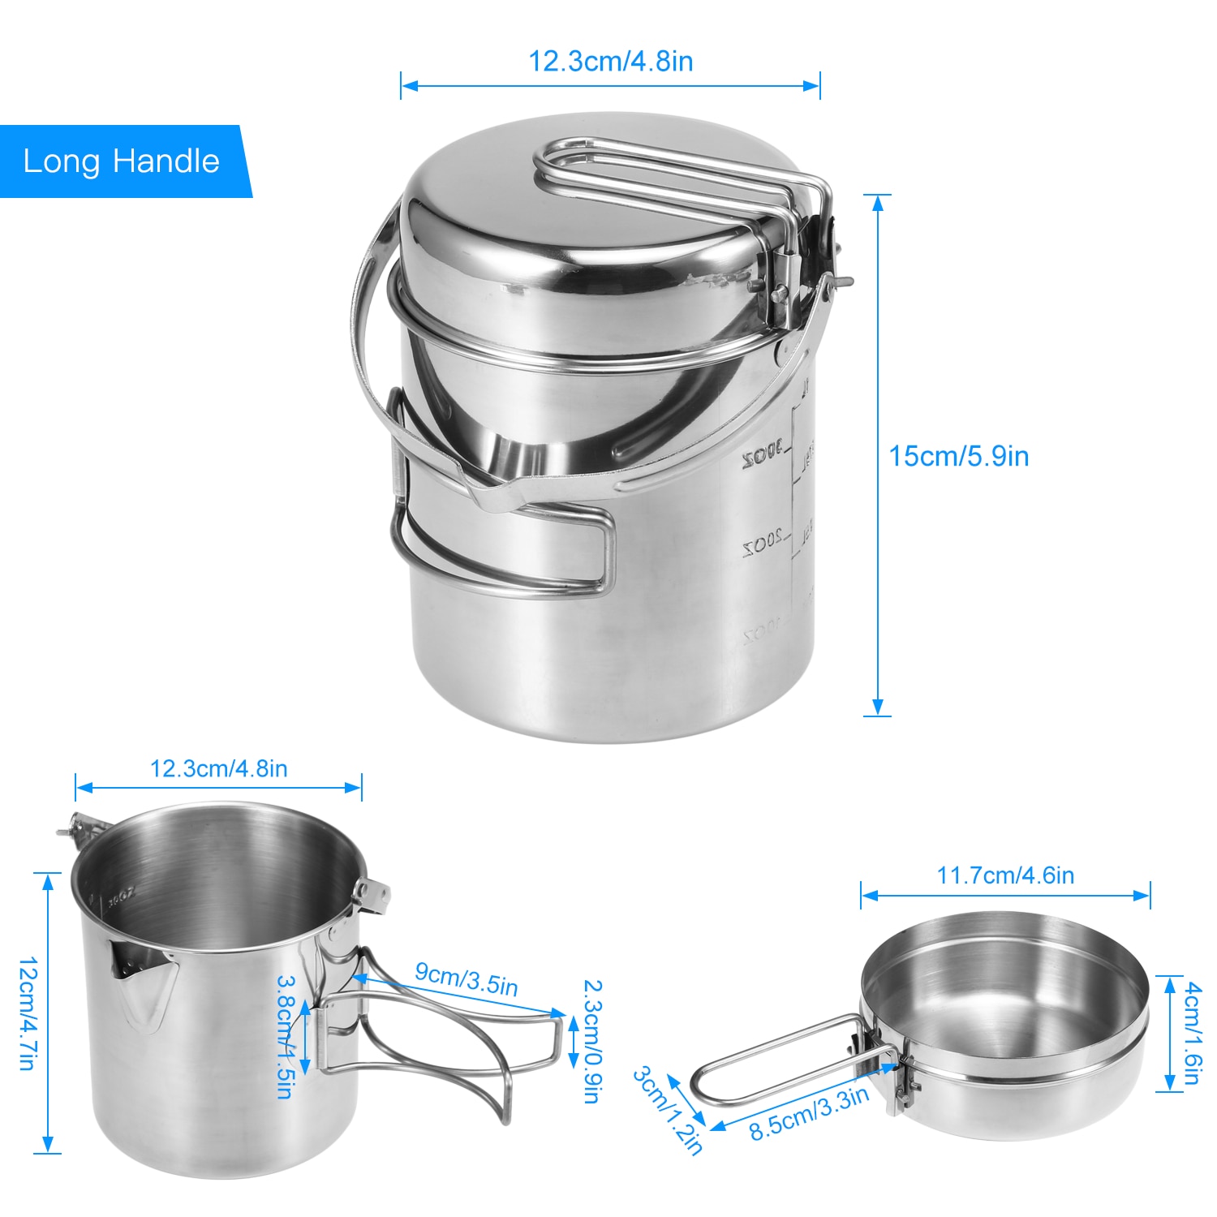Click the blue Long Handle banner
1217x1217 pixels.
tap(122, 161)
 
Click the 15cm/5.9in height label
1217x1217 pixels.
tap(958, 456)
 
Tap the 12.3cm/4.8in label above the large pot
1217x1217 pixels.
tap(610, 62)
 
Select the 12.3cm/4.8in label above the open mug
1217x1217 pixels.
tap(218, 768)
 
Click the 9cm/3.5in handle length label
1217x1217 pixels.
tap(466, 978)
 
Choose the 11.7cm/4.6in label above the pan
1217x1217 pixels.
tap(1005, 875)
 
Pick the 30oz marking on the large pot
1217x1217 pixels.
tap(763, 456)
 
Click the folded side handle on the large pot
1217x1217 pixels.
tap(503, 544)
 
